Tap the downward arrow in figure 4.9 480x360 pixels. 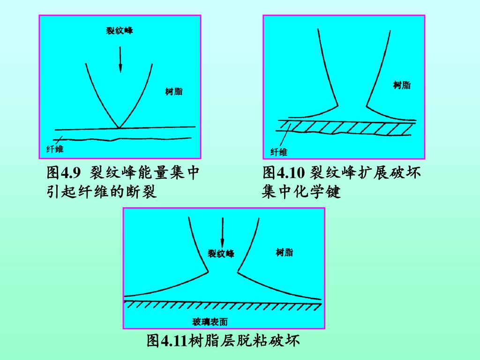point(120,59)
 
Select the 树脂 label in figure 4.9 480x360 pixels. point(174,91)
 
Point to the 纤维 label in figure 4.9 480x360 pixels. point(55,150)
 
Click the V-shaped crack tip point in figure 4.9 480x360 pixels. point(120,127)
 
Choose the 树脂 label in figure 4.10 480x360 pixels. point(402,85)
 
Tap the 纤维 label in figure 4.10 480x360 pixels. point(279,152)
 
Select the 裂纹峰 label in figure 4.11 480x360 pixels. point(221,254)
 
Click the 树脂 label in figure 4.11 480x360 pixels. point(284,253)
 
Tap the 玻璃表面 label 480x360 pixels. point(210,322)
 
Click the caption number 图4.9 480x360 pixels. point(61,173)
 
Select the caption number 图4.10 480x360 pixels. point(284,173)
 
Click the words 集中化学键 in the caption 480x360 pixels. point(301,192)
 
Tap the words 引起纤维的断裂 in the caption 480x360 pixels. point(102,192)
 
